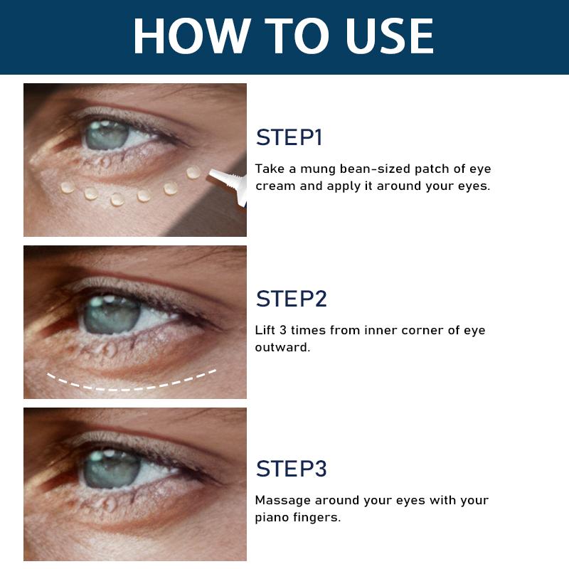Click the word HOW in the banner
(191, 36)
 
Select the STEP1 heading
(289, 137)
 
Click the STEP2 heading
(291, 299)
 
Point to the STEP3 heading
(291, 469)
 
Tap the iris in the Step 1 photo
(106, 134)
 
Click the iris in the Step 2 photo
(112, 314)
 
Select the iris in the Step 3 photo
(112, 469)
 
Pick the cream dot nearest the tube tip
(193, 172)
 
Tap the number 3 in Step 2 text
(283, 330)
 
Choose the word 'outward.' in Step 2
(282, 347)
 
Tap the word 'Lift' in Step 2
(265, 330)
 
